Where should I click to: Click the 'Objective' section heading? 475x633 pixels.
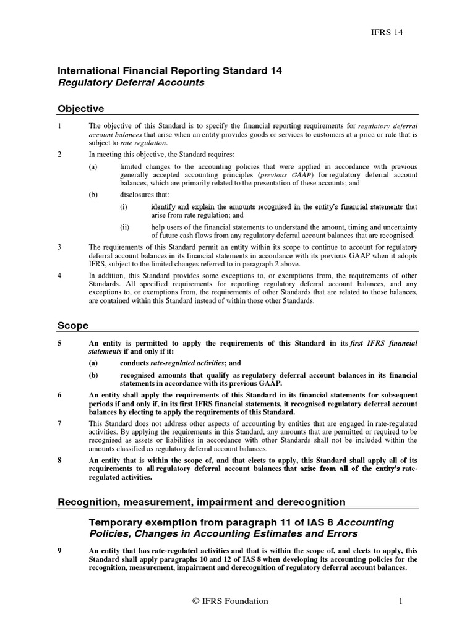80,109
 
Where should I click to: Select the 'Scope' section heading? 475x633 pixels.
73,325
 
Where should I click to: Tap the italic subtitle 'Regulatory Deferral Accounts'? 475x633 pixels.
131,82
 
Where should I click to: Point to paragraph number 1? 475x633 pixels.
59,126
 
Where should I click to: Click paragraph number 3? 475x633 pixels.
59,247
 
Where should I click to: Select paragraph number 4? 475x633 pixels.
59,275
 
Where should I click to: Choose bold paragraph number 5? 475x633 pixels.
59,343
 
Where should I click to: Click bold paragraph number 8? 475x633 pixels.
59,460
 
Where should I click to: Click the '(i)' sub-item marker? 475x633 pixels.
124,206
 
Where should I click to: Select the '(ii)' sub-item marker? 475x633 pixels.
124,227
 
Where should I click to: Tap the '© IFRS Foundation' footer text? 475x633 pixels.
229,601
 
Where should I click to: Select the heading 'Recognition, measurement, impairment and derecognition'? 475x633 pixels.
202,502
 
